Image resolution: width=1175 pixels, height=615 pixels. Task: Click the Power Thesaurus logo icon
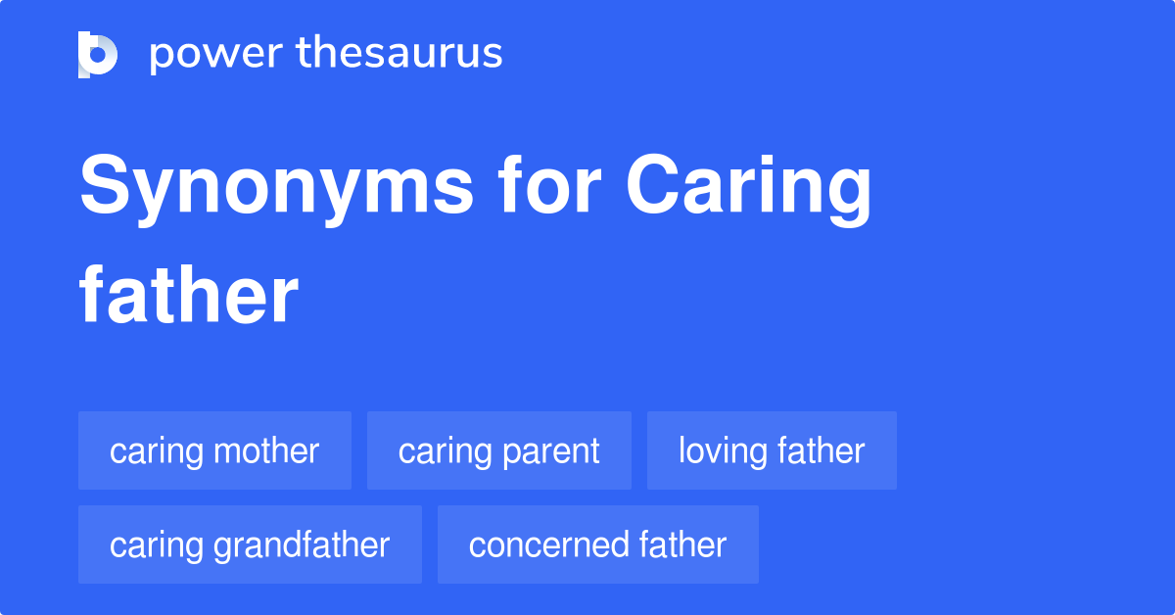98,54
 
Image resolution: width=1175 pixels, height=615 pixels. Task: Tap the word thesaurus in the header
399,54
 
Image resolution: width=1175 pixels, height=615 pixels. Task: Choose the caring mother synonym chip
214,450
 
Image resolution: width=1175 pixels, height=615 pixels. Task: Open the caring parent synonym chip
499,450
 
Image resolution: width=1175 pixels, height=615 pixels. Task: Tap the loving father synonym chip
772,450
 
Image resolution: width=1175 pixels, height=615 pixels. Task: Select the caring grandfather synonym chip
250,544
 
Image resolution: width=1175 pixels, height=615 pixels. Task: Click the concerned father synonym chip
597,544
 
